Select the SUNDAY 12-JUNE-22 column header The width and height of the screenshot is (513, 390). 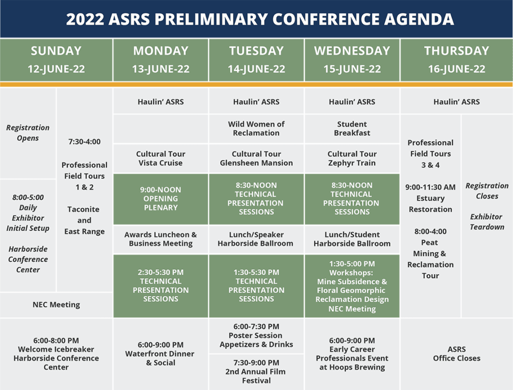[56, 60]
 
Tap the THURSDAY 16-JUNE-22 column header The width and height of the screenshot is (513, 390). [456, 60]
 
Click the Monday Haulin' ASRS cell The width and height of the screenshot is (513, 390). [161, 102]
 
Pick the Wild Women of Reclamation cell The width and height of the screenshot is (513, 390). [256, 128]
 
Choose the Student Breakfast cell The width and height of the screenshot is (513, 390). [352, 128]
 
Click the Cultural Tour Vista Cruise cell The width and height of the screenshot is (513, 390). [161, 158]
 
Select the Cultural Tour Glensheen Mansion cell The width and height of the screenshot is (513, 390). [256, 158]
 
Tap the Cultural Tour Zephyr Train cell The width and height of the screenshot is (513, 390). [352, 158]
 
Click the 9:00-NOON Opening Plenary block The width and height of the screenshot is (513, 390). [161, 199]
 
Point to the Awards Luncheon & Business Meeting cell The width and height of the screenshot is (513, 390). [161, 239]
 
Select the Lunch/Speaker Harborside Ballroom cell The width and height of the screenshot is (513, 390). [256, 239]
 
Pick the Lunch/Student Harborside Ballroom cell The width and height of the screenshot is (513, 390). [352, 239]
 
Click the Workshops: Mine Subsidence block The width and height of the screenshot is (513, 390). [352, 286]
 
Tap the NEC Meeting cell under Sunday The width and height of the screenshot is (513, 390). [56, 304]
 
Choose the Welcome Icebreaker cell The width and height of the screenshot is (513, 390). [56, 353]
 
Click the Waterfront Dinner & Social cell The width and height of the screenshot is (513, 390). [161, 353]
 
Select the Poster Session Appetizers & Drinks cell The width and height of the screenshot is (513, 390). [256, 335]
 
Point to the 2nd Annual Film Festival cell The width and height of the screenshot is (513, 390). [256, 371]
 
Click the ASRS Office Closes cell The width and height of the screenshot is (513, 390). [456, 353]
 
